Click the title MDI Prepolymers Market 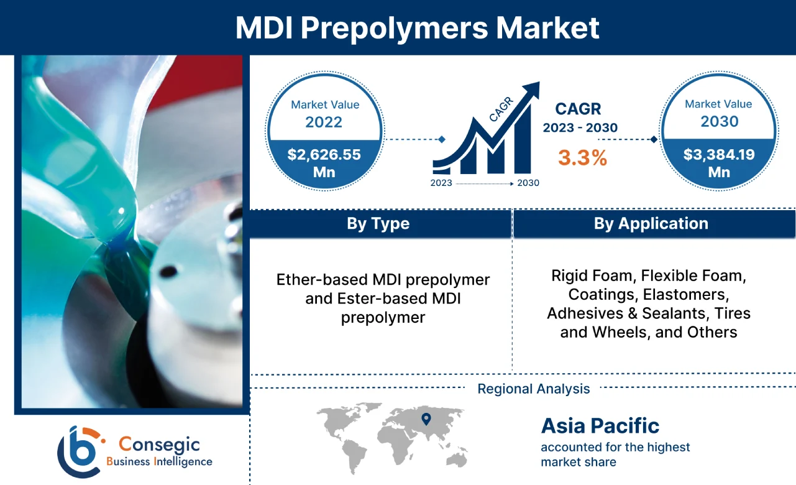(x=417, y=28)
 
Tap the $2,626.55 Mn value (x=324, y=163)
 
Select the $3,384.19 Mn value (x=719, y=162)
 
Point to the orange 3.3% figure (x=582, y=157)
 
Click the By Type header (x=378, y=224)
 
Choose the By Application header (x=651, y=224)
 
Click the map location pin (x=426, y=419)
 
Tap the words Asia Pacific (x=600, y=426)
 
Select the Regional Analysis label (x=533, y=389)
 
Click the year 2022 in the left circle (x=323, y=121)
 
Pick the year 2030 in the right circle (x=719, y=121)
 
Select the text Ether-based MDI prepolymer (x=383, y=280)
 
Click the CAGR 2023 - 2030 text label (x=580, y=118)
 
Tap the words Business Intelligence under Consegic (x=159, y=461)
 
